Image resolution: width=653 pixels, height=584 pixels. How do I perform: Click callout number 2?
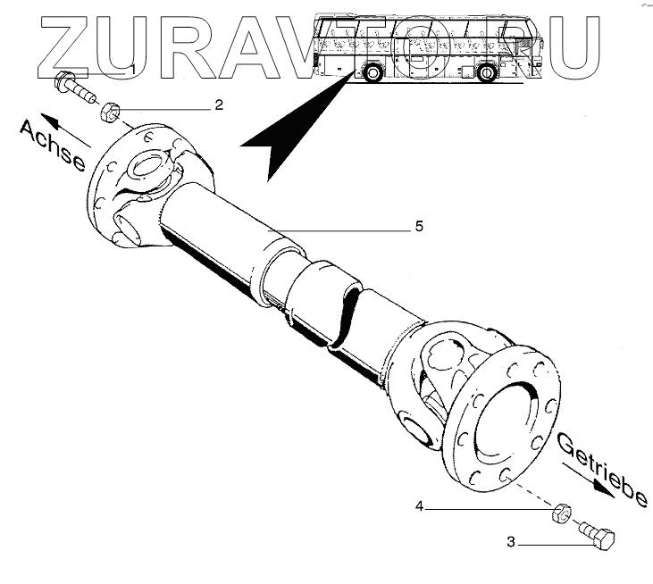[218, 104]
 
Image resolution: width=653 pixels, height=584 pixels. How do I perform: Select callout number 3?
[512, 542]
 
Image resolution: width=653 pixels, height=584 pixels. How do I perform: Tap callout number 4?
[418, 507]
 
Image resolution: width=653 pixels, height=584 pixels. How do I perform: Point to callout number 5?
[418, 227]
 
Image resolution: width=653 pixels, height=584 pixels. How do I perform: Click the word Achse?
[53, 146]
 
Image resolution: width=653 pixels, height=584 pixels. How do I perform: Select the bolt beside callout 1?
[78, 88]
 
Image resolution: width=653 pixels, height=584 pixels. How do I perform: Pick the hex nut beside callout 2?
[110, 113]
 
